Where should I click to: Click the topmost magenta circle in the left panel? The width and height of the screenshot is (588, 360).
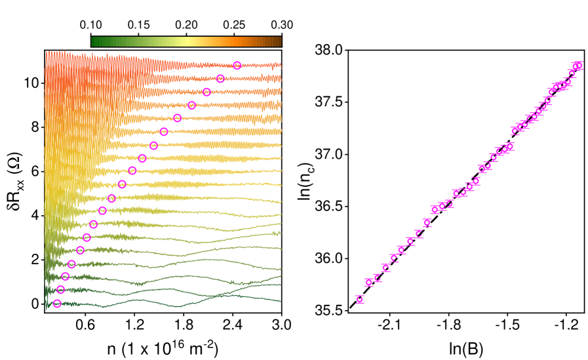tap(237, 66)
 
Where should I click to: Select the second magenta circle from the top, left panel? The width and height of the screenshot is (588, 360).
tap(220, 79)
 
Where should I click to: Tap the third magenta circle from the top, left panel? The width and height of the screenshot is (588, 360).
tap(206, 92)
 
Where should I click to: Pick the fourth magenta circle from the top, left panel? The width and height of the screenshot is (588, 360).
tap(191, 106)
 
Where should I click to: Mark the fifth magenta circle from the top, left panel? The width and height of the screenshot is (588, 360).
tap(177, 118)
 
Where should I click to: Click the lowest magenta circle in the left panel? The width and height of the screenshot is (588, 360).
tap(57, 304)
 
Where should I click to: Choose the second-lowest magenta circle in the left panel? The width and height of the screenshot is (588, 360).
tap(61, 290)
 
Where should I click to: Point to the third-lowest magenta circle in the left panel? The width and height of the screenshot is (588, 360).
tap(66, 276)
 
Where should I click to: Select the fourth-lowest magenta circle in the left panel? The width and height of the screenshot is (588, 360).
tap(71, 264)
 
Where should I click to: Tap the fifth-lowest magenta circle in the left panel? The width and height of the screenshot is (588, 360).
tap(80, 250)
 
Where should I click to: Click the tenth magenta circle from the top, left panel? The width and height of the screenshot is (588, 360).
tap(122, 184)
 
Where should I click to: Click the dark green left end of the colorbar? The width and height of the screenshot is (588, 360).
tap(94, 42)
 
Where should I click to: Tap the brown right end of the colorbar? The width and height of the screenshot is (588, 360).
tap(279, 42)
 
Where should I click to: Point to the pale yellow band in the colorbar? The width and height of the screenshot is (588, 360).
tap(186, 42)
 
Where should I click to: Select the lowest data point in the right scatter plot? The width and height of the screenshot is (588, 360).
tap(359, 300)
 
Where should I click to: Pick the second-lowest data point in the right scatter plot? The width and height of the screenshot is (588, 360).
tap(368, 283)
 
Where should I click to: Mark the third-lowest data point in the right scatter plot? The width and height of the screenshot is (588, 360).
tap(378, 278)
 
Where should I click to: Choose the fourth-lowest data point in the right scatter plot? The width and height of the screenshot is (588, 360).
tap(386, 268)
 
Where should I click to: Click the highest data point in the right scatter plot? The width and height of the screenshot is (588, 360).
tap(577, 66)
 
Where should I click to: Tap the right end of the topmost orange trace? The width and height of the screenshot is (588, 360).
tap(280, 66)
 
